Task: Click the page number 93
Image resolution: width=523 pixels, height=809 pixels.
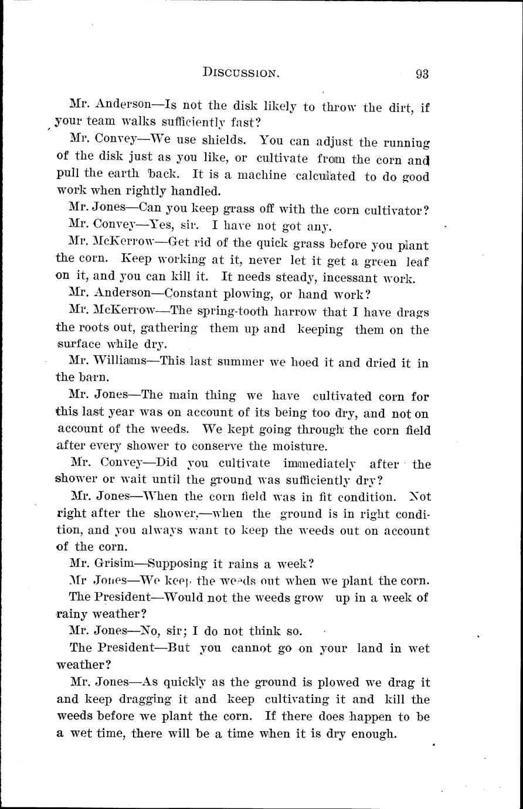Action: [422, 74]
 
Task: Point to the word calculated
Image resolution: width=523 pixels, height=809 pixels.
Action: [325, 176]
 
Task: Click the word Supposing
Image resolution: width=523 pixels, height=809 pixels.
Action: [177, 565]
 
